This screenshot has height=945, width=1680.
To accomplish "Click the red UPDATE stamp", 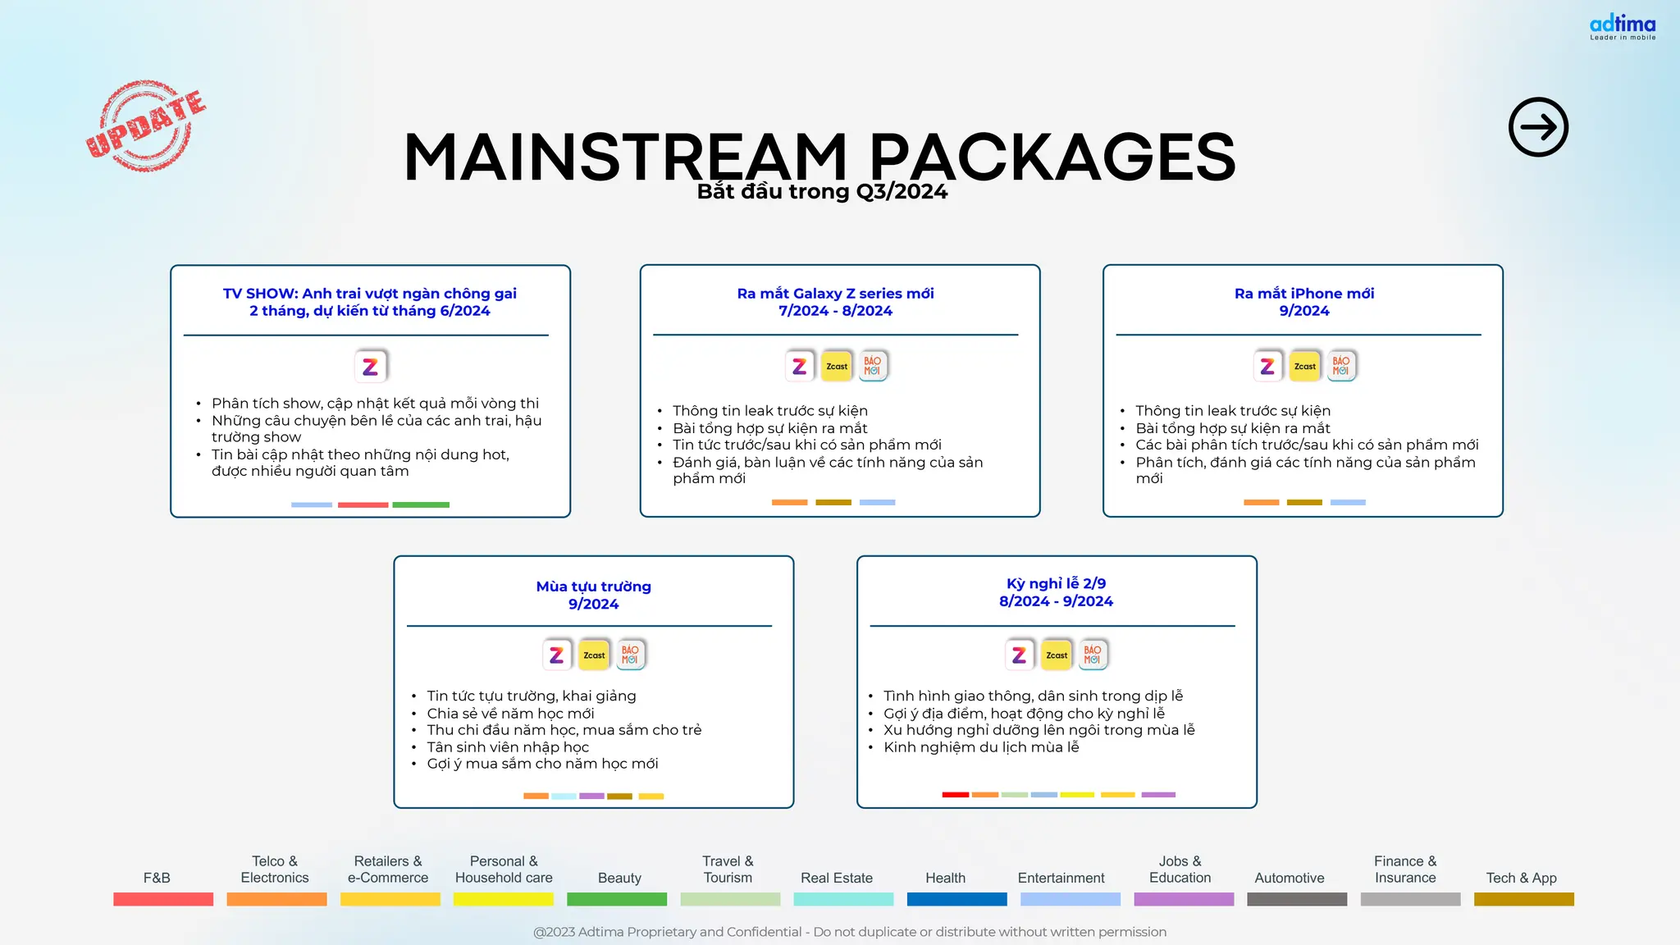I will click(x=146, y=126).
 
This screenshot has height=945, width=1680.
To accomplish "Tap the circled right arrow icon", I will click(x=1538, y=127).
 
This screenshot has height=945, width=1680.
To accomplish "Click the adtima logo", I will click(x=1622, y=27).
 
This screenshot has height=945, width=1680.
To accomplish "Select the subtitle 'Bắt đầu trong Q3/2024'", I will click(x=822, y=192).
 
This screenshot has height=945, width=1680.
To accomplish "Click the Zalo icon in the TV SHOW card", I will click(x=371, y=366).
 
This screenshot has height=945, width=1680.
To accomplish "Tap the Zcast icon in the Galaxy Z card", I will click(x=837, y=366).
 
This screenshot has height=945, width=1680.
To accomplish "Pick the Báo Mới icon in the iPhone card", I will click(x=1340, y=366).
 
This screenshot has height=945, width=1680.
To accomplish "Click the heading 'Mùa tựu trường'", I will click(x=593, y=587).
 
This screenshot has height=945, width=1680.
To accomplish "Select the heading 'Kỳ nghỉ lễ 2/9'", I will click(x=1056, y=583).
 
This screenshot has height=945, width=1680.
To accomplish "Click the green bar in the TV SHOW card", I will click(x=421, y=504).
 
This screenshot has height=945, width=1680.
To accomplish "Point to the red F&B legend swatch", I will click(x=163, y=899).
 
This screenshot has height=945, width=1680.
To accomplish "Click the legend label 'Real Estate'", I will click(x=836, y=878).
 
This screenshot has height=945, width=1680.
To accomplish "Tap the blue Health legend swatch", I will click(x=956, y=899).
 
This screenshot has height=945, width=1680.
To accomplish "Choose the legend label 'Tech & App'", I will click(x=1521, y=878).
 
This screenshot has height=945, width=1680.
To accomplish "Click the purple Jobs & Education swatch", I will click(x=1183, y=899).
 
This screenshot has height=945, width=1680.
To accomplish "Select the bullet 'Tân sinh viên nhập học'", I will click(x=508, y=747).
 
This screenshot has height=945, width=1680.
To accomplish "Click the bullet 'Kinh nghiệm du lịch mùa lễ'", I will click(x=981, y=747).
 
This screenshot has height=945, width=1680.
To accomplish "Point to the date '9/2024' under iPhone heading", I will click(x=1303, y=311).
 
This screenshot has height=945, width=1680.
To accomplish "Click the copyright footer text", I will click(x=849, y=932).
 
